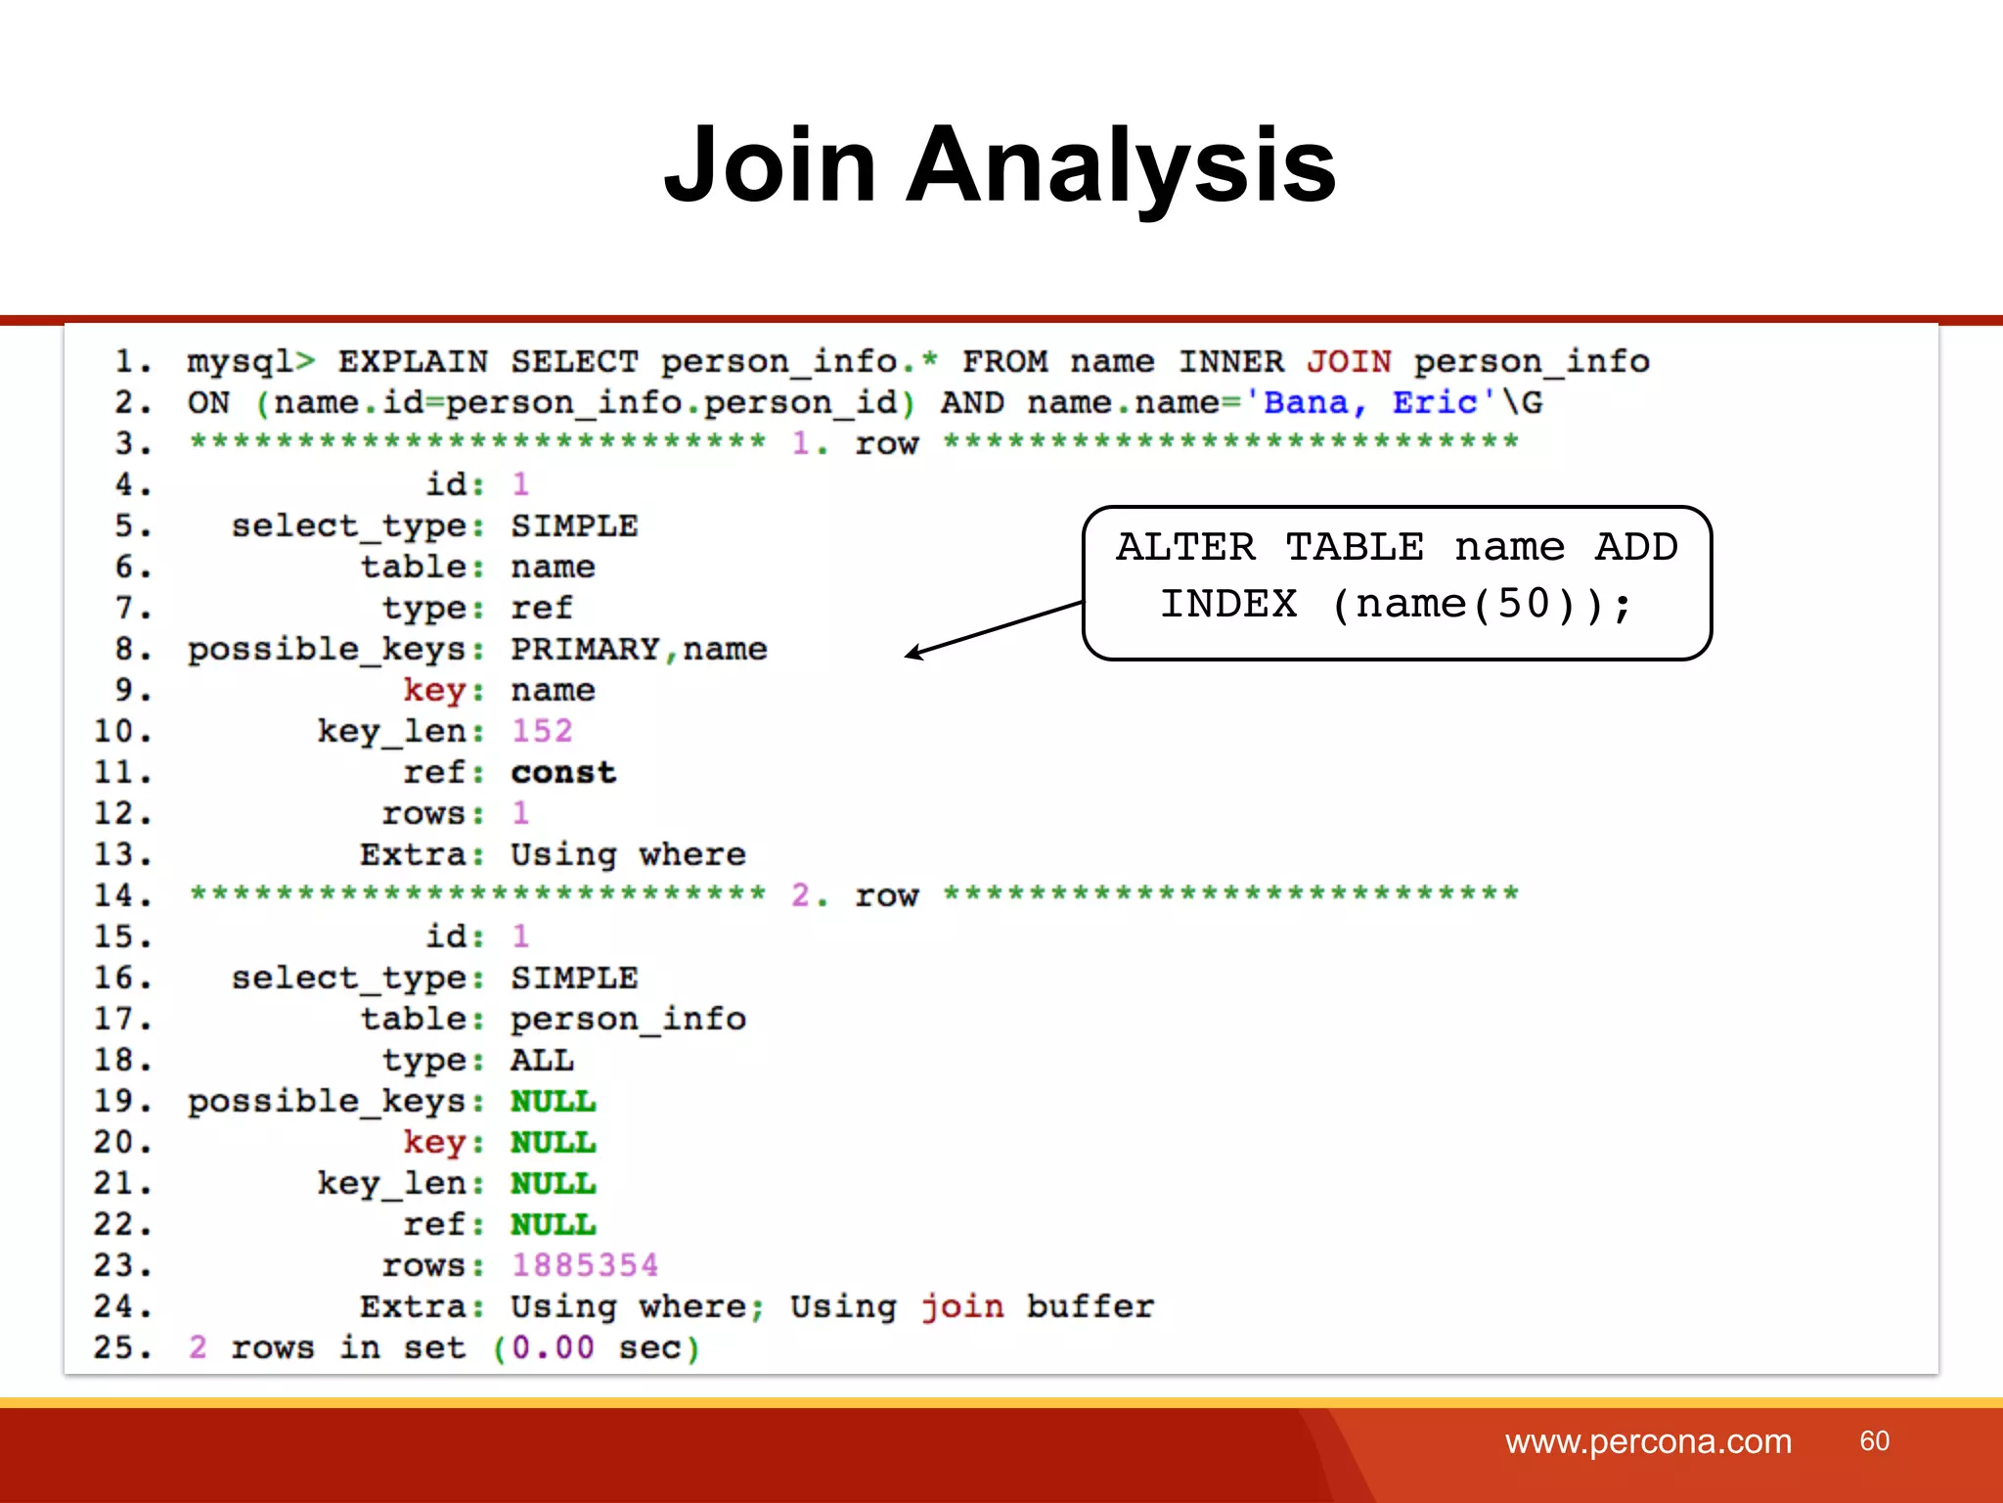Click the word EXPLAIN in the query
tap(413, 362)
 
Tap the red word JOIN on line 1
tap(1348, 362)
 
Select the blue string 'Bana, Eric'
tap(1369, 403)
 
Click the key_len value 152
tap(542, 731)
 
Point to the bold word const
tap(563, 772)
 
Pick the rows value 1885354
tap(585, 1265)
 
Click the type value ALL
tap(542, 1060)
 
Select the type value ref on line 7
tap(541, 608)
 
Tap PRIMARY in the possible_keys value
tap(585, 649)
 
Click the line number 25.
tap(121, 1347)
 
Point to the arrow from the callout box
tap(993, 628)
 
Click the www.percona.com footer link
tap(1648, 1441)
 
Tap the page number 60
tap(1874, 1440)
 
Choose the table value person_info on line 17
tap(628, 1019)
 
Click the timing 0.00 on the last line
tap(553, 1347)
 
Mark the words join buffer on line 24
tap(1037, 1306)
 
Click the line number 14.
tap(121, 895)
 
